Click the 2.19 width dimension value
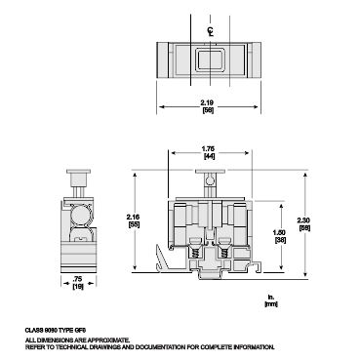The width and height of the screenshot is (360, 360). [208, 101]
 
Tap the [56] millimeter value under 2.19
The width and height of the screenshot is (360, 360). [208, 110]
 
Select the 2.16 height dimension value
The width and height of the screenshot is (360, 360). [134, 216]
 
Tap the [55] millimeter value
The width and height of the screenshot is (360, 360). [134, 224]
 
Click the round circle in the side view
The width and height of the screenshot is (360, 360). [78, 214]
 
